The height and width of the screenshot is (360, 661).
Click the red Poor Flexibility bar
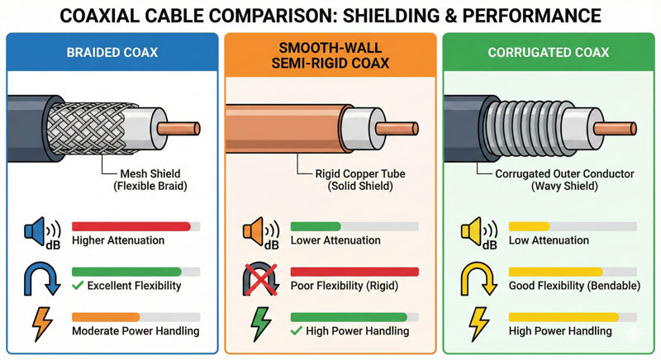[355, 271]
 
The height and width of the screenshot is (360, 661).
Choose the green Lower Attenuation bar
[316, 225]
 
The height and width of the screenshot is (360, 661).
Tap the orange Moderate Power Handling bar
[106, 316]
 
